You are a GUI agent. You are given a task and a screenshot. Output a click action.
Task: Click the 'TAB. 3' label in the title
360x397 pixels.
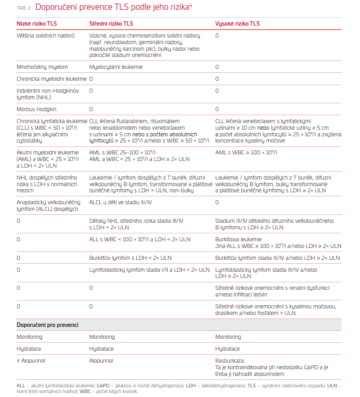[x=23, y=7]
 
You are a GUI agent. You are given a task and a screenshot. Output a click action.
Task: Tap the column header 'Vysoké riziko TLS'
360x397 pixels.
[x=238, y=22]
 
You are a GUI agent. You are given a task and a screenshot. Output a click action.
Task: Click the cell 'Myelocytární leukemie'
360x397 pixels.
[x=116, y=67]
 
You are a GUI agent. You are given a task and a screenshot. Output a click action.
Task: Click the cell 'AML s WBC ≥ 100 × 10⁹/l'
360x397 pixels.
[x=246, y=153]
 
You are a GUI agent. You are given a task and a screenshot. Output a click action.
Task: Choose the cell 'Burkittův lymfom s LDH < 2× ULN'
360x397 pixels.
[x=131, y=258]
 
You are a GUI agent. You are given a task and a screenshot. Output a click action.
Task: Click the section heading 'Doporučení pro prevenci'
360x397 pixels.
[x=47, y=325]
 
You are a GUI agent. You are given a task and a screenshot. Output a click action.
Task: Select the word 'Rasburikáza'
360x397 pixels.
[x=229, y=361]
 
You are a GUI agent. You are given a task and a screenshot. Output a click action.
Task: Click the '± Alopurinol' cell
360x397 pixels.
[x=31, y=361]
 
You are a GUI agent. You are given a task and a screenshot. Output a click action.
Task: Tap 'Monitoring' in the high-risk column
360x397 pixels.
[x=228, y=337]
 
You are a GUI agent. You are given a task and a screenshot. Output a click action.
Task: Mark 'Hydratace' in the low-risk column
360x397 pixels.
[x=29, y=349]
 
